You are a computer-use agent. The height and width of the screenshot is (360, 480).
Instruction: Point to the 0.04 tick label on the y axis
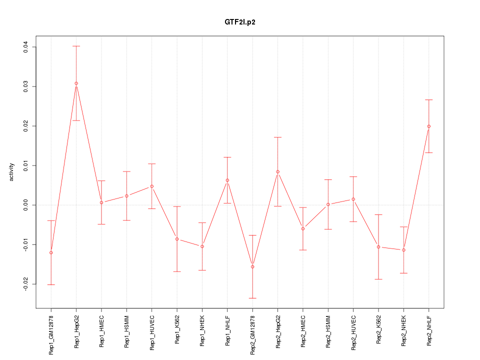[x=25, y=47]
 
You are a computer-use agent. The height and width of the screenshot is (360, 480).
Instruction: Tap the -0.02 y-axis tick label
[x=25, y=284]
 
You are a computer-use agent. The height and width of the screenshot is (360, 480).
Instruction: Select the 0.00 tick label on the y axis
[x=25, y=205]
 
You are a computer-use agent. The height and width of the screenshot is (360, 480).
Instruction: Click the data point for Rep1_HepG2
[x=76, y=83]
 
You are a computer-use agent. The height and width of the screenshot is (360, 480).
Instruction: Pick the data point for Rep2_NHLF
[x=428, y=126]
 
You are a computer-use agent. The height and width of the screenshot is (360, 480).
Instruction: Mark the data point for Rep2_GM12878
[x=252, y=266]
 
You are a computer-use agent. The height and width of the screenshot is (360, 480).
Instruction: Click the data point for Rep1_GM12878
[x=51, y=252]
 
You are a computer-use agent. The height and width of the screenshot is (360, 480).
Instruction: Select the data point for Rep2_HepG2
[x=277, y=171]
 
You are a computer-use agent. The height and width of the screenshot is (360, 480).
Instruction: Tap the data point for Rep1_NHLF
[x=227, y=180]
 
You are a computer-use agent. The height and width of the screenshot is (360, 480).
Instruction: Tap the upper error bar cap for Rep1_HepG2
[x=76, y=46]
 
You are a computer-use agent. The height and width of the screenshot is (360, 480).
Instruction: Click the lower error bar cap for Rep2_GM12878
[x=252, y=298]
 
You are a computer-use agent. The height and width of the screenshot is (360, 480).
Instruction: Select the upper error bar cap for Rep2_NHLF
[x=428, y=100]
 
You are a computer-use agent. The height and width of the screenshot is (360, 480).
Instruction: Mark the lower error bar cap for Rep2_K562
[x=378, y=279]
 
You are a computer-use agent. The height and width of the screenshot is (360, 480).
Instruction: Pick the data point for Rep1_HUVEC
[x=152, y=186]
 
